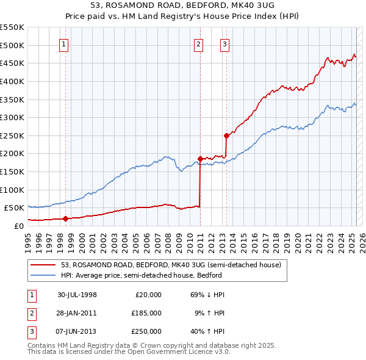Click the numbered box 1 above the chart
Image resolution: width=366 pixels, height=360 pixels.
click(64, 44)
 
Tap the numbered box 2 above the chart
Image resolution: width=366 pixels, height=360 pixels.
click(199, 44)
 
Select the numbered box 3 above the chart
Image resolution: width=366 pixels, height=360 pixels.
click(225, 44)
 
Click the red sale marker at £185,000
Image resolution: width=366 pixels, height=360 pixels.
click(200, 159)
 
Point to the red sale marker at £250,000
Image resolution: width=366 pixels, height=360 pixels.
click(226, 135)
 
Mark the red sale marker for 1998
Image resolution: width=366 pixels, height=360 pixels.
click(65, 218)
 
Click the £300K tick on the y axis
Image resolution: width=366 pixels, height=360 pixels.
click(12, 117)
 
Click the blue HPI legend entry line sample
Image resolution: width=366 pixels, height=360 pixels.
click(43, 275)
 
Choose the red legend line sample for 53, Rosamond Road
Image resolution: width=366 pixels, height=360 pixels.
click(43, 265)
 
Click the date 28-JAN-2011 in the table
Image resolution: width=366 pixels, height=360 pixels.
click(77, 313)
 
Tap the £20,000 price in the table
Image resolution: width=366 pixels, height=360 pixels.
click(148, 295)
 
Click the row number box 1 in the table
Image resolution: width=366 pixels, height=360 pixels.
click(30, 295)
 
